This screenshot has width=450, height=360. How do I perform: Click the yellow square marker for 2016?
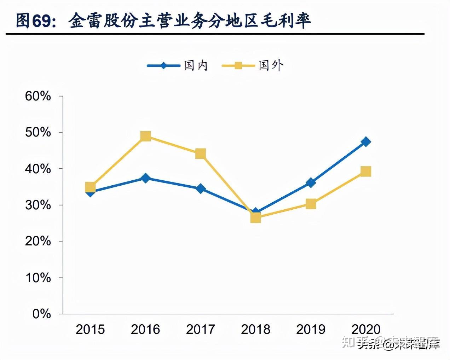(145, 136)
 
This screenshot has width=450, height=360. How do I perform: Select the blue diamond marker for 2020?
(366, 142)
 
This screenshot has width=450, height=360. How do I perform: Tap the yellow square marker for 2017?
(201, 153)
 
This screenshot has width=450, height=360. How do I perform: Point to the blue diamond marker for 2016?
(145, 178)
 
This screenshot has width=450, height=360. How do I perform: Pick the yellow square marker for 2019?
(311, 204)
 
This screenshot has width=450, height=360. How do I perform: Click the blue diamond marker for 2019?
(311, 182)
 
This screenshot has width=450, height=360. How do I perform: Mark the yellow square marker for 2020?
(366, 172)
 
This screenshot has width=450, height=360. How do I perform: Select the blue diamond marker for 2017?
(201, 188)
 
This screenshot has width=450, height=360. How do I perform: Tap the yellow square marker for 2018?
(256, 217)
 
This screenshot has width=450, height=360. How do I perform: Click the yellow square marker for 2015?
(90, 187)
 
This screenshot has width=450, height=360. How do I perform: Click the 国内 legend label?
(196, 65)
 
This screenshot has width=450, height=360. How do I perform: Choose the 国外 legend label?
(271, 65)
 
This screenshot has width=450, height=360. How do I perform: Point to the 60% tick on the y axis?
(38, 96)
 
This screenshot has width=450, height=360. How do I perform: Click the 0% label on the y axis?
(42, 314)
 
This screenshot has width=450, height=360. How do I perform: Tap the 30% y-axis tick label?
(38, 205)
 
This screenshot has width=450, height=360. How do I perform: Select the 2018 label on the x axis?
(256, 330)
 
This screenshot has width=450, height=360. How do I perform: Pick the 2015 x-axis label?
(90, 330)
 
